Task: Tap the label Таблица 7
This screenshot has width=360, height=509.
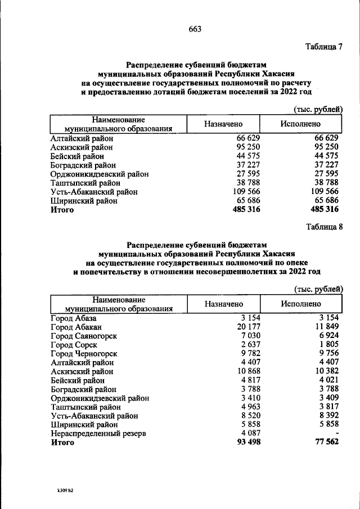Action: tap(323, 46)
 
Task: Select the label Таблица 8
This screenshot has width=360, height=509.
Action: tap(324, 227)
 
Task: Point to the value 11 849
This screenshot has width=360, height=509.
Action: tap(327, 327)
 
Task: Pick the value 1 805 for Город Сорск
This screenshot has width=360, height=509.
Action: tap(328, 345)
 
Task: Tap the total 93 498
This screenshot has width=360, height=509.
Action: tap(246, 443)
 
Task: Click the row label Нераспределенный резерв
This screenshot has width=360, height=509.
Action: tap(98, 434)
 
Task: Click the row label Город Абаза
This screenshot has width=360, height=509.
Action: tap(73, 318)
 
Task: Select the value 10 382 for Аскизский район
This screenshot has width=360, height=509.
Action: tap(327, 372)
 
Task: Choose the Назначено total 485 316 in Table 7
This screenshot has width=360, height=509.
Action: tap(246, 210)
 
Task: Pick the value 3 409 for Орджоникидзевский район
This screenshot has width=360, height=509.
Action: tap(328, 398)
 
